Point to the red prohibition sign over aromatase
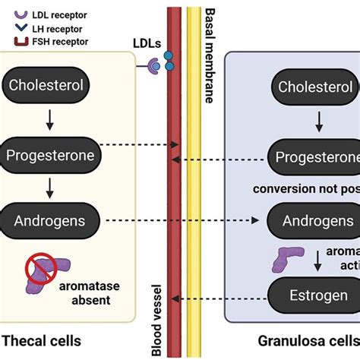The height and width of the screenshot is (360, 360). coord(42,268)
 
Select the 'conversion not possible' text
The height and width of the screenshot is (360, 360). coord(312,188)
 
